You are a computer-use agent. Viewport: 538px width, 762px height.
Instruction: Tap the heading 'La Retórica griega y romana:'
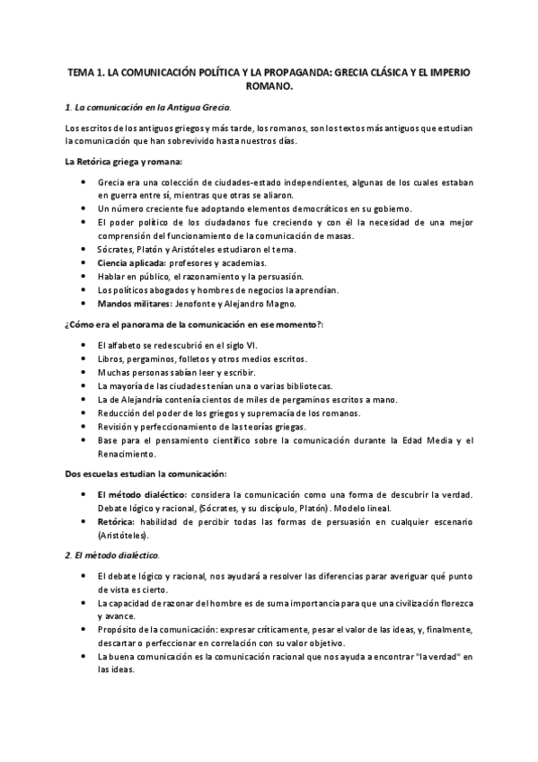[x=124, y=162]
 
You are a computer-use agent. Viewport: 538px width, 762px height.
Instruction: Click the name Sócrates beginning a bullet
[x=119, y=249]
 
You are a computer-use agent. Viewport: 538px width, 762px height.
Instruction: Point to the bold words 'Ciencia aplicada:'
[x=132, y=262]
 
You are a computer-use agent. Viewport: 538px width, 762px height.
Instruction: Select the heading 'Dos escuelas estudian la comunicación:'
[x=146, y=474]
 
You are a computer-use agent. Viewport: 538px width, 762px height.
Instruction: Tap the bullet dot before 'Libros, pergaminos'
[x=84, y=359]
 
